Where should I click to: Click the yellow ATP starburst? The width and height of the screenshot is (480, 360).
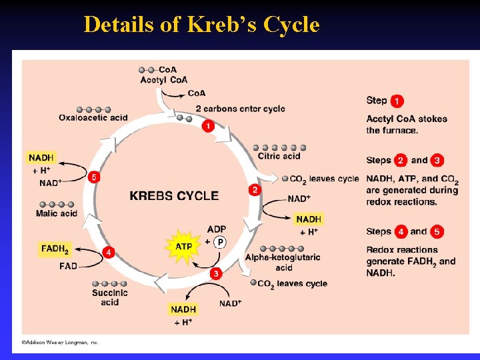click(x=183, y=246)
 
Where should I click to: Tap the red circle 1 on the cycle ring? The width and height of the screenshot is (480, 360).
click(x=208, y=125)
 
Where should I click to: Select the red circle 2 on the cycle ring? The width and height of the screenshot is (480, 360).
click(x=255, y=190)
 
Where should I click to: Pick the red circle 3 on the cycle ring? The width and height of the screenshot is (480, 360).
click(x=215, y=273)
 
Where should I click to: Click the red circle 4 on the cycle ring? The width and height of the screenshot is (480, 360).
click(x=108, y=253)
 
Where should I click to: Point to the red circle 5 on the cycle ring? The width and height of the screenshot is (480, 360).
click(x=94, y=177)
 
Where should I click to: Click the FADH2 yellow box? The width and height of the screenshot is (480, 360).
click(x=55, y=249)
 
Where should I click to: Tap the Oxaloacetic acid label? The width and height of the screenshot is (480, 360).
click(x=93, y=118)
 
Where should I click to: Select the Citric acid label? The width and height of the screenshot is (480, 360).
click(x=279, y=157)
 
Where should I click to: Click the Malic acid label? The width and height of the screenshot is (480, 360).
click(x=57, y=213)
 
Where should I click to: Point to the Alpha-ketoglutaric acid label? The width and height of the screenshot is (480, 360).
click(x=283, y=262)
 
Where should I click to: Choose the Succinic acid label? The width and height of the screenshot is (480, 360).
click(x=110, y=297)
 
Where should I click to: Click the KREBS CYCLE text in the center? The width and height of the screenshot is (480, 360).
click(x=174, y=195)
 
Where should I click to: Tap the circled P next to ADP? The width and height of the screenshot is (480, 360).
click(x=219, y=241)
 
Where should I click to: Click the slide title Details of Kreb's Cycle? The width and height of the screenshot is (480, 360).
click(x=201, y=25)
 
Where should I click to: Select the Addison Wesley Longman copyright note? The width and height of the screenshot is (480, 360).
click(x=60, y=342)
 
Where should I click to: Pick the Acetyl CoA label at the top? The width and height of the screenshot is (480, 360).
click(x=164, y=80)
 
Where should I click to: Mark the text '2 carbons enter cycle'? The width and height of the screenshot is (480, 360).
click(x=240, y=109)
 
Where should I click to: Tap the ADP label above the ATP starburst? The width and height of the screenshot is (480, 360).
click(x=217, y=229)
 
